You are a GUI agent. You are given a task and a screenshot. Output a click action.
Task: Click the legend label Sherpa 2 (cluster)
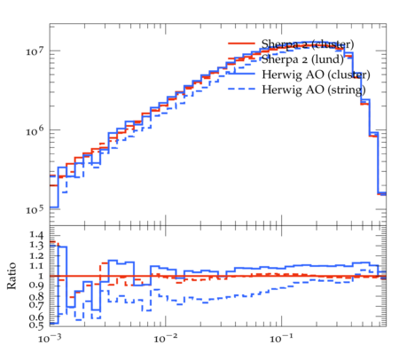point(308,44)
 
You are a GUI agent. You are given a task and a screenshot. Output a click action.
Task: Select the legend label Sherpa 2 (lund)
point(302,59)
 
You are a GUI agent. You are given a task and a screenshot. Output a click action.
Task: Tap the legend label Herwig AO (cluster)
point(316,74)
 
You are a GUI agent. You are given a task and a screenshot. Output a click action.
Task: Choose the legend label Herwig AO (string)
point(314,90)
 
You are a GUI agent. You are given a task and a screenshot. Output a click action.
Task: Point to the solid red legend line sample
point(241,43)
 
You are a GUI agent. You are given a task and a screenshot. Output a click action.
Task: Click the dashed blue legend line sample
point(241,89)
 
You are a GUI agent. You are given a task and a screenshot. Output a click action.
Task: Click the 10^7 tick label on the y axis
point(35,51)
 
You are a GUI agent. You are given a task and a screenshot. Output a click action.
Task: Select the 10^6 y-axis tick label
point(35,130)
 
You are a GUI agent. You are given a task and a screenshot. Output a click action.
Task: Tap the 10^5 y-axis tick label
point(35,209)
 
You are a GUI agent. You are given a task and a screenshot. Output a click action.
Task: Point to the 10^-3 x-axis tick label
point(49,339)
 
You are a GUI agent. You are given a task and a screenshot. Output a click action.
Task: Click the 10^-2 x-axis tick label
point(165,339)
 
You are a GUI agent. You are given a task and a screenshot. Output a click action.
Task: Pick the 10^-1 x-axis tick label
point(281,339)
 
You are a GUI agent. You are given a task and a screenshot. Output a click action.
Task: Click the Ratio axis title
point(12,276)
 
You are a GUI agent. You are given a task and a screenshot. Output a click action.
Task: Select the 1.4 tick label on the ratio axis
point(36,235)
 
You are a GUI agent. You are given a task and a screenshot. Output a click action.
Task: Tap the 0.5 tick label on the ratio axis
point(36,325)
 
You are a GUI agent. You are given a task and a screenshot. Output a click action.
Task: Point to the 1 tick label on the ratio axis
point(41,276)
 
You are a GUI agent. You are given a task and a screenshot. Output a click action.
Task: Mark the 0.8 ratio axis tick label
point(36,296)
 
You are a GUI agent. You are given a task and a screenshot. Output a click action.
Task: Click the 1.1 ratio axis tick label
point(36,266)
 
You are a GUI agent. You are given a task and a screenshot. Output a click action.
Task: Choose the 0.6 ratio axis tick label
point(36,317)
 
